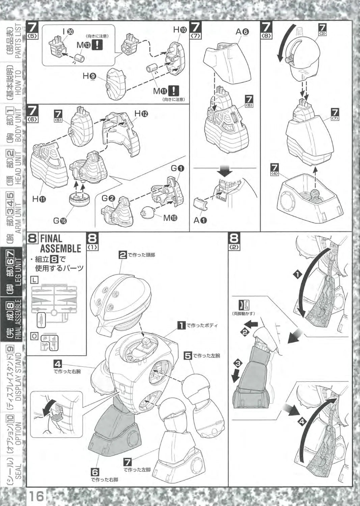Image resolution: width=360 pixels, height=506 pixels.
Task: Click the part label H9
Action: tap(90, 76)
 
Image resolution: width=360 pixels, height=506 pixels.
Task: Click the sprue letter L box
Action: tap(34, 280)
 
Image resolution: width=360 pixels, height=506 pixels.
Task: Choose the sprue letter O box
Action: tap(34, 336)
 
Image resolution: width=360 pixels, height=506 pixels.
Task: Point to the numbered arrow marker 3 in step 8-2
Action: tap(238, 363)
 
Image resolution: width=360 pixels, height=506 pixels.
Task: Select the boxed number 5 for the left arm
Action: tap(188, 355)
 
